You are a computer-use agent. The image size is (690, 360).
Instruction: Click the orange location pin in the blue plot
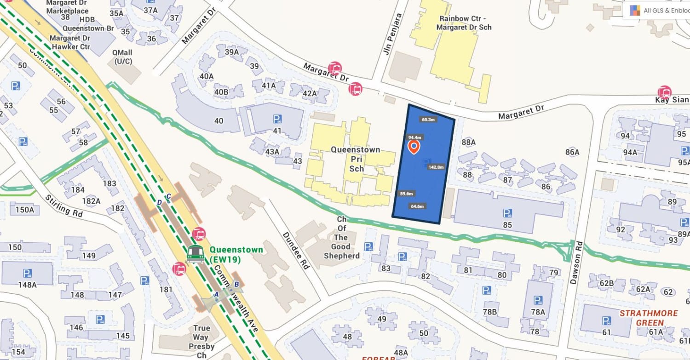pos(414,147)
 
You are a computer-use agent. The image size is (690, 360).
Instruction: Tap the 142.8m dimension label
pos(436,167)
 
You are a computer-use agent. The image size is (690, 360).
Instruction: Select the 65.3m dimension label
pos(428,120)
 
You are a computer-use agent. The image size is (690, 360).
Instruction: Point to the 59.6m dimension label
pos(406,194)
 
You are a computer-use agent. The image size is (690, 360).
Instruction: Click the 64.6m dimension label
pos(417,206)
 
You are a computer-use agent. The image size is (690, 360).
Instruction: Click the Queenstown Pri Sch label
pos(356,159)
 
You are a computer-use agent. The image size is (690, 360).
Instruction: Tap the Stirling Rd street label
pos(64,206)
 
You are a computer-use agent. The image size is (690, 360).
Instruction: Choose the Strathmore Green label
pos(648,318)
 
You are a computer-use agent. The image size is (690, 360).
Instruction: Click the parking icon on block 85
pos(507,213)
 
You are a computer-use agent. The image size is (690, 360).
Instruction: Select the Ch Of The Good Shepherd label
pos(341,238)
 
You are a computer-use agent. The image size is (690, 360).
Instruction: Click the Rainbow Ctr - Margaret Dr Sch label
pos(465,23)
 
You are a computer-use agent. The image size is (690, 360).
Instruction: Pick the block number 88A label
pos(468,142)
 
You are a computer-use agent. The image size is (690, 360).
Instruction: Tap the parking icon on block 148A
pos(27,274)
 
